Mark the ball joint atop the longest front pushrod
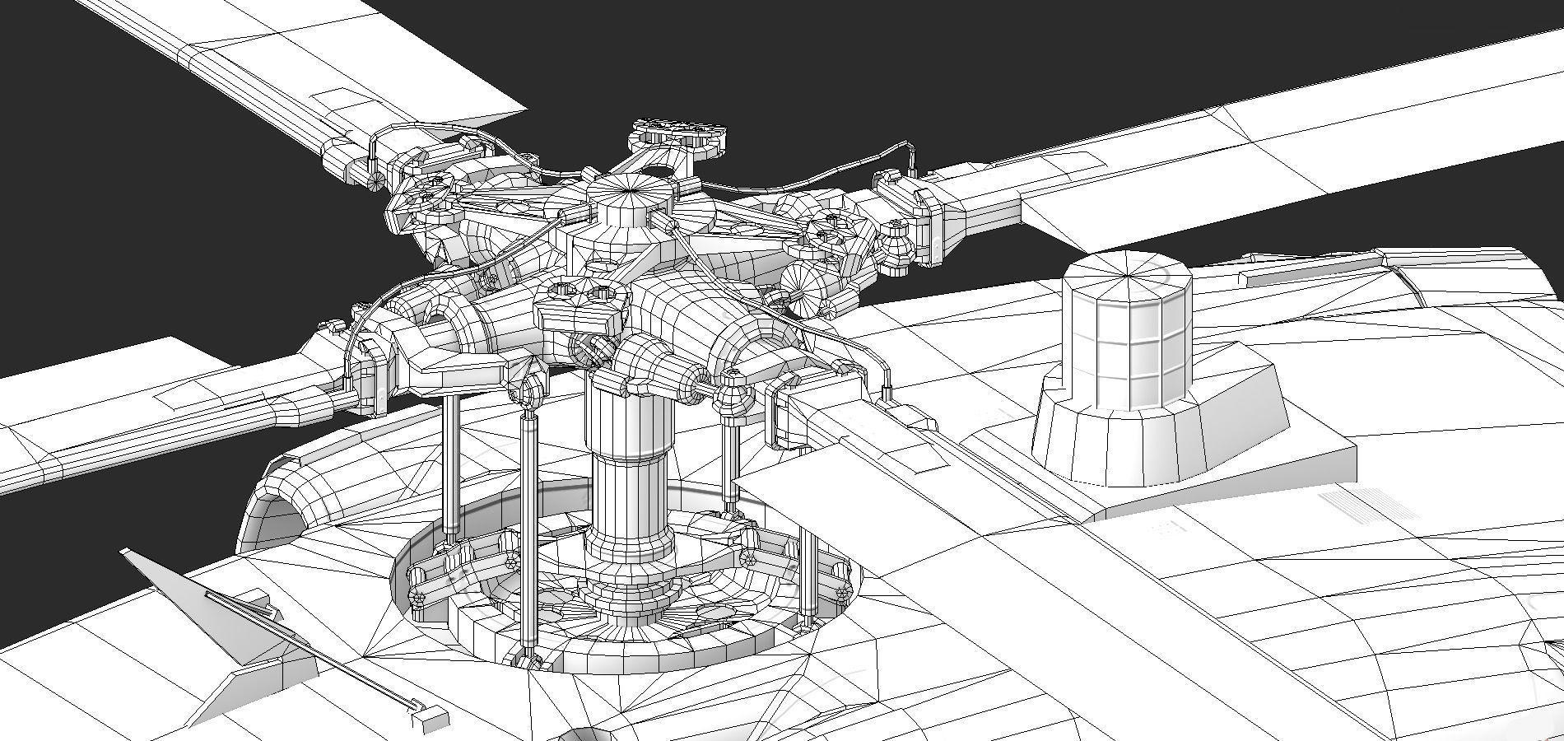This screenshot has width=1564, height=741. (x=528, y=387)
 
